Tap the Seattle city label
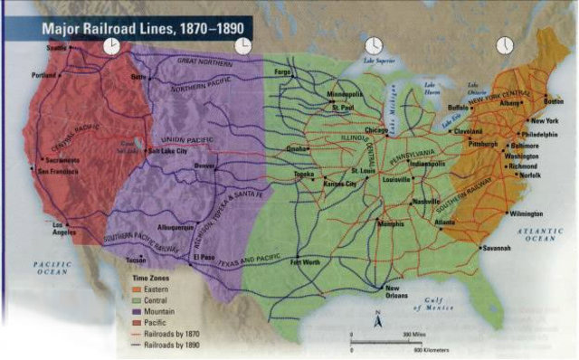pos(57,47)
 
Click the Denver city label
pos(204,166)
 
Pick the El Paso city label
pos(205,258)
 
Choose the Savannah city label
pos(497,247)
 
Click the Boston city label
pos(553,100)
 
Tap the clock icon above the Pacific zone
pos(110,46)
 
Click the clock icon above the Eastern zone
pos(504,45)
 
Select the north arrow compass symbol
pos(380,318)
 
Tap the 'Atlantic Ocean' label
pos(544,234)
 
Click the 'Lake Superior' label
pos(380,61)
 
